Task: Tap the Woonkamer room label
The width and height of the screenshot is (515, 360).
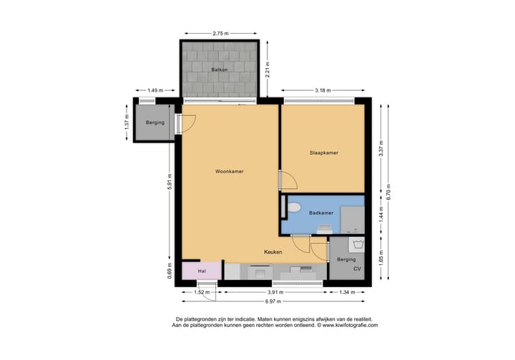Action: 229,172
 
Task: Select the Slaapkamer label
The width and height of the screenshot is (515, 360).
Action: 323,153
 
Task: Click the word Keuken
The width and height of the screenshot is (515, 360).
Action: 273,253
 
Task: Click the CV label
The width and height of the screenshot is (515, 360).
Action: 357,268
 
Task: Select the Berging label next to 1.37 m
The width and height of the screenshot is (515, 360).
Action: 154,123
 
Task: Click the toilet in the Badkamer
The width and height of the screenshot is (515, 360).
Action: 293,208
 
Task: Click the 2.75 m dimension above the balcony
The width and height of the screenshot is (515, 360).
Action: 221,33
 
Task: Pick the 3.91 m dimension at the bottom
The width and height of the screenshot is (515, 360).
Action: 275,292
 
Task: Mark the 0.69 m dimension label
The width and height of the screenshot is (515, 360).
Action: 170,271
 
